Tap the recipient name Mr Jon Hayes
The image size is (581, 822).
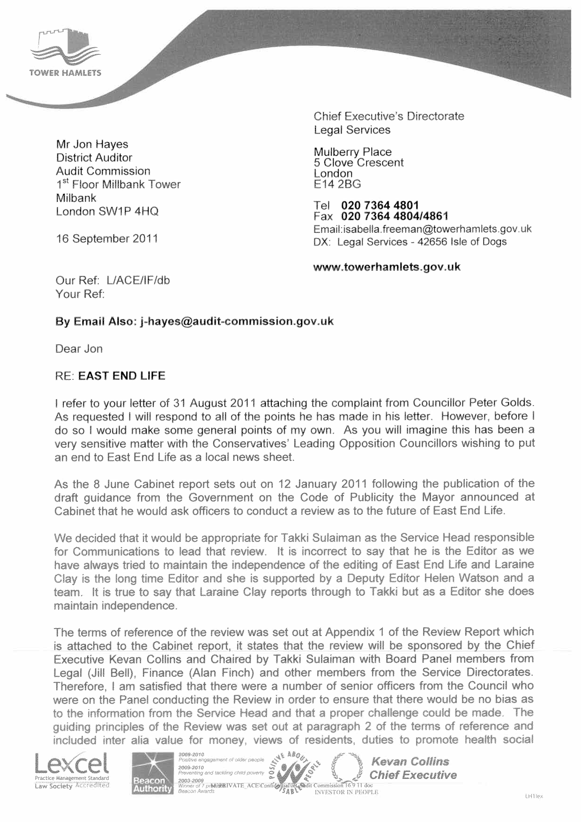pyautogui.click(x=92, y=144)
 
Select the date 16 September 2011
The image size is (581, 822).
pyautogui.click(x=107, y=239)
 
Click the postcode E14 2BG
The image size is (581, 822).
pyautogui.click(x=337, y=184)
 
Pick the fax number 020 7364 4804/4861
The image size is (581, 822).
pyautogui.click(x=395, y=216)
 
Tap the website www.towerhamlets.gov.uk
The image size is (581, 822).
pyautogui.click(x=387, y=267)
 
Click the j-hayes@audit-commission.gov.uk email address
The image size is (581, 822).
pyautogui.click(x=237, y=321)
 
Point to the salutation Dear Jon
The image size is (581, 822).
pyautogui.click(x=79, y=349)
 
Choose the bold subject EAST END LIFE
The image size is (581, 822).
pyautogui.click(x=122, y=376)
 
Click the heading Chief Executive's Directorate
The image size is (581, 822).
pyautogui.click(x=389, y=116)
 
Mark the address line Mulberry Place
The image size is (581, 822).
pyautogui.click(x=352, y=152)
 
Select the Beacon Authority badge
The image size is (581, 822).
pyautogui.click(x=152, y=773)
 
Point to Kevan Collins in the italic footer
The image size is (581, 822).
pyautogui.click(x=410, y=762)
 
